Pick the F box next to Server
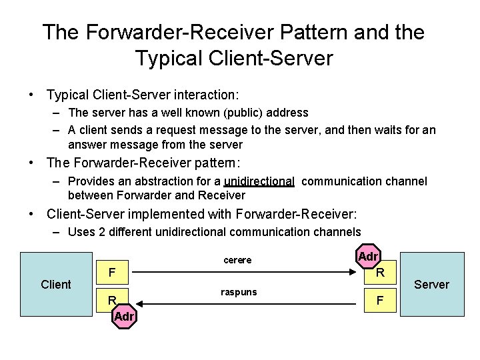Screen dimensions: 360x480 379,301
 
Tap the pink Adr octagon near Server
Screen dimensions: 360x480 369,257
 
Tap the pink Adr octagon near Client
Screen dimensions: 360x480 124,316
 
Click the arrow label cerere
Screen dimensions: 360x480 237,260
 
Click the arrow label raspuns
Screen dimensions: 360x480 239,292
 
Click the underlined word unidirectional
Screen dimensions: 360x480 259,181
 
